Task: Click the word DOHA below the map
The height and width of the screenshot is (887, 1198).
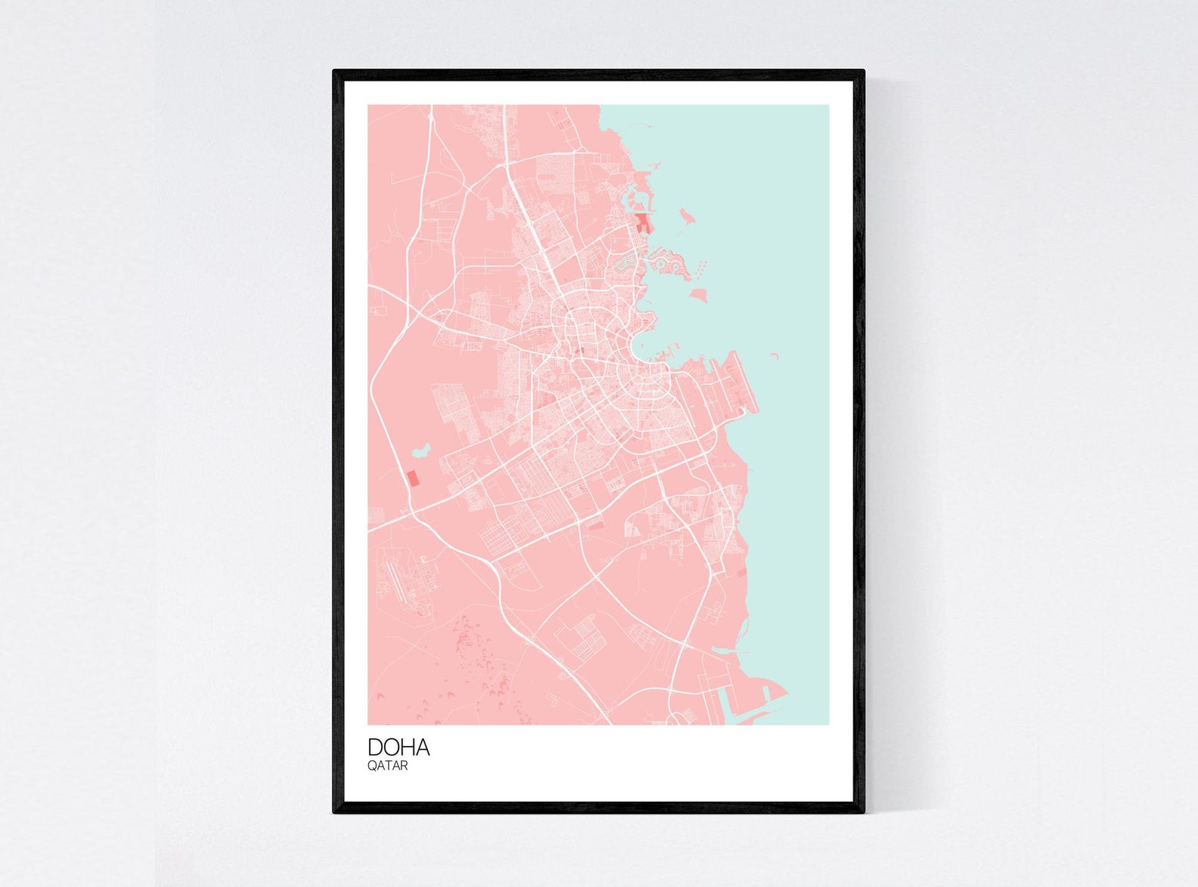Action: [398, 747]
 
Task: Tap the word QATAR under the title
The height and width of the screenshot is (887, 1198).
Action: [388, 766]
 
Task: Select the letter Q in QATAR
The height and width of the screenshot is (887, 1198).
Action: [372, 766]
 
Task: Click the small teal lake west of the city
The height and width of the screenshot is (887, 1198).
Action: [419, 451]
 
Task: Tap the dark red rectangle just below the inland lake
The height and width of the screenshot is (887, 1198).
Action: [412, 479]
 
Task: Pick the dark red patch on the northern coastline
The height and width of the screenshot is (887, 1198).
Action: [642, 223]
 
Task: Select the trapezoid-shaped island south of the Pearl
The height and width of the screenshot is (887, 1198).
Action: [699, 293]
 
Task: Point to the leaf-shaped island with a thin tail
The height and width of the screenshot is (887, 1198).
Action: [686, 216]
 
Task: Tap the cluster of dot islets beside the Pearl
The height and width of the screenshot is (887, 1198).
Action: [701, 266]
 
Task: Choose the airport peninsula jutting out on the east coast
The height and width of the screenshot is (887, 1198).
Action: [724, 385]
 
